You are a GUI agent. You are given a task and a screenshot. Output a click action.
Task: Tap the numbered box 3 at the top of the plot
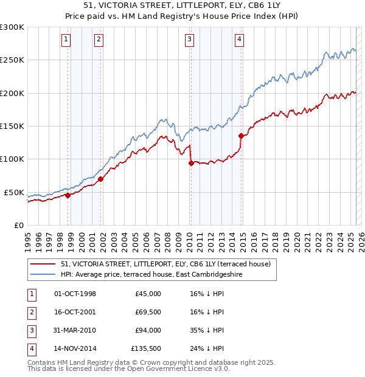[190, 40]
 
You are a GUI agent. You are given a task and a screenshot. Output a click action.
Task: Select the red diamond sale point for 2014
[241, 136]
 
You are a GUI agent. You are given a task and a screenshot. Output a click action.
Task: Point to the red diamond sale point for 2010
[191, 163]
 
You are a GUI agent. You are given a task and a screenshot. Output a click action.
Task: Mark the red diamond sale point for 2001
[100, 179]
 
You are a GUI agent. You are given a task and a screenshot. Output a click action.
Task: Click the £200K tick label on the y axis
[12, 93]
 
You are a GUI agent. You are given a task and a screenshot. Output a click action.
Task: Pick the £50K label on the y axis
[14, 192]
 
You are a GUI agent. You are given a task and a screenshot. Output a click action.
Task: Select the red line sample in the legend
[43, 264]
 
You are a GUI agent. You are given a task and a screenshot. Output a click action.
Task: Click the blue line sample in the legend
[43, 274]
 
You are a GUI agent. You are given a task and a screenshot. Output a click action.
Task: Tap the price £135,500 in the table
[146, 348]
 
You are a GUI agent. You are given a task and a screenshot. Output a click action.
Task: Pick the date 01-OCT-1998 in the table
[75, 294]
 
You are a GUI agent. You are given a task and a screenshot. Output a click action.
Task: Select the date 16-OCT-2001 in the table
[75, 312]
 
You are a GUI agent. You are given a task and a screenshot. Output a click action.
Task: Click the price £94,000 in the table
[148, 330]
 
